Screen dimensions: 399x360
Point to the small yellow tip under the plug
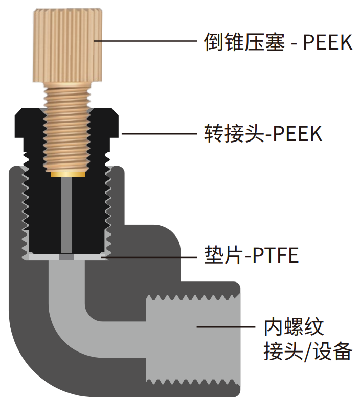67,174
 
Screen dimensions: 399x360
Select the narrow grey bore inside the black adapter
67,215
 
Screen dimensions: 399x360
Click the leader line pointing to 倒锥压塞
148,41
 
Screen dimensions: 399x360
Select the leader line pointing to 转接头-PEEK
159,134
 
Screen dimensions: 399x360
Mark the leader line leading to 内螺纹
225,326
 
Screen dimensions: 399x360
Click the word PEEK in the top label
328,42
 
